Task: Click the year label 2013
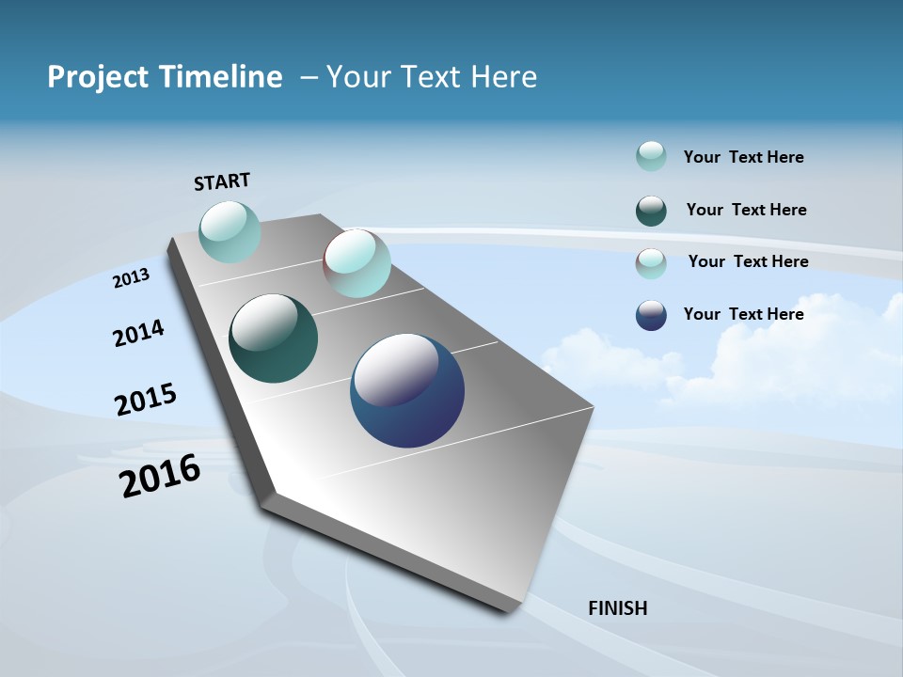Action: pyautogui.click(x=131, y=277)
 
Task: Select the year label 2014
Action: pyautogui.click(x=138, y=334)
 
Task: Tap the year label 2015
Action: pyautogui.click(x=146, y=400)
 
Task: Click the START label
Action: pyautogui.click(x=222, y=181)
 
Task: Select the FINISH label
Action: pyautogui.click(x=618, y=608)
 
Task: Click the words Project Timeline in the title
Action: pyautogui.click(x=165, y=77)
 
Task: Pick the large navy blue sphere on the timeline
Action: pyautogui.click(x=407, y=391)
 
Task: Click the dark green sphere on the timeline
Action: pyautogui.click(x=274, y=338)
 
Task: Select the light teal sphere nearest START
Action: pyautogui.click(x=230, y=231)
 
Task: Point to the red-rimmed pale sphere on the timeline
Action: pyautogui.click(x=356, y=263)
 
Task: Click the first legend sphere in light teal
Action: pyautogui.click(x=651, y=157)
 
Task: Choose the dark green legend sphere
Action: pyautogui.click(x=651, y=211)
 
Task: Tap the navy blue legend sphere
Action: pyautogui.click(x=651, y=315)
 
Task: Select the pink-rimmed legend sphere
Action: pyautogui.click(x=651, y=262)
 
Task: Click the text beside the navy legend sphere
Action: pyautogui.click(x=744, y=314)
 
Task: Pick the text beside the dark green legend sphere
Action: pyautogui.click(x=747, y=210)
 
